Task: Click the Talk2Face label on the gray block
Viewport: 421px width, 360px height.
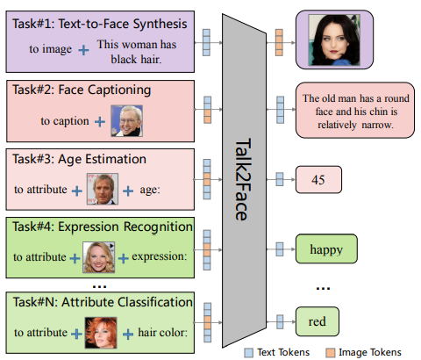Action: coord(242,179)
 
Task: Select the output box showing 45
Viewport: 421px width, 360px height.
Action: coord(318,180)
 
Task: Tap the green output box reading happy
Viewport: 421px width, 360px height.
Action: coord(326,248)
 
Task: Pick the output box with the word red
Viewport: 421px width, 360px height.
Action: coord(318,321)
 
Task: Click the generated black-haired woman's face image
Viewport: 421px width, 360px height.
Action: coord(334,40)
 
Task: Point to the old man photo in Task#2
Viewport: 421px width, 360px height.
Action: coord(127,121)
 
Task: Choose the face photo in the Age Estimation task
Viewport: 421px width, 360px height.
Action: coord(103,189)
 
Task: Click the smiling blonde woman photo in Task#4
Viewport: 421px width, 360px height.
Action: coord(99,257)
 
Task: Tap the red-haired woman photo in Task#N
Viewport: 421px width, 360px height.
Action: coord(101,333)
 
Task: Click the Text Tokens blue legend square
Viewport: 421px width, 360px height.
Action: coord(249,353)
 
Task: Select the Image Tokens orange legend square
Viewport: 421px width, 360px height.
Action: coord(331,353)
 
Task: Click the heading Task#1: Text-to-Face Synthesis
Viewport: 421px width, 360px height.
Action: coord(100,24)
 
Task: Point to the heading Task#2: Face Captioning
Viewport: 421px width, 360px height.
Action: coord(82,90)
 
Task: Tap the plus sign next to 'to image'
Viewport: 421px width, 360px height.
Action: coord(83,50)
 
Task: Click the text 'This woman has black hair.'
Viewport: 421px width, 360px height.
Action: coord(137,52)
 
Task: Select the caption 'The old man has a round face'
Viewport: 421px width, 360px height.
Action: coord(356,104)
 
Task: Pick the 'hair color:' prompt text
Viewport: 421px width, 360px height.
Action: coord(162,333)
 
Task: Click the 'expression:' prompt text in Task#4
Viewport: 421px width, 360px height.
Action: coord(160,256)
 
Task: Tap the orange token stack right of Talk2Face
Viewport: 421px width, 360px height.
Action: coord(279,42)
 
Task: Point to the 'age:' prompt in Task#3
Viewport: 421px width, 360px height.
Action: coord(150,190)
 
